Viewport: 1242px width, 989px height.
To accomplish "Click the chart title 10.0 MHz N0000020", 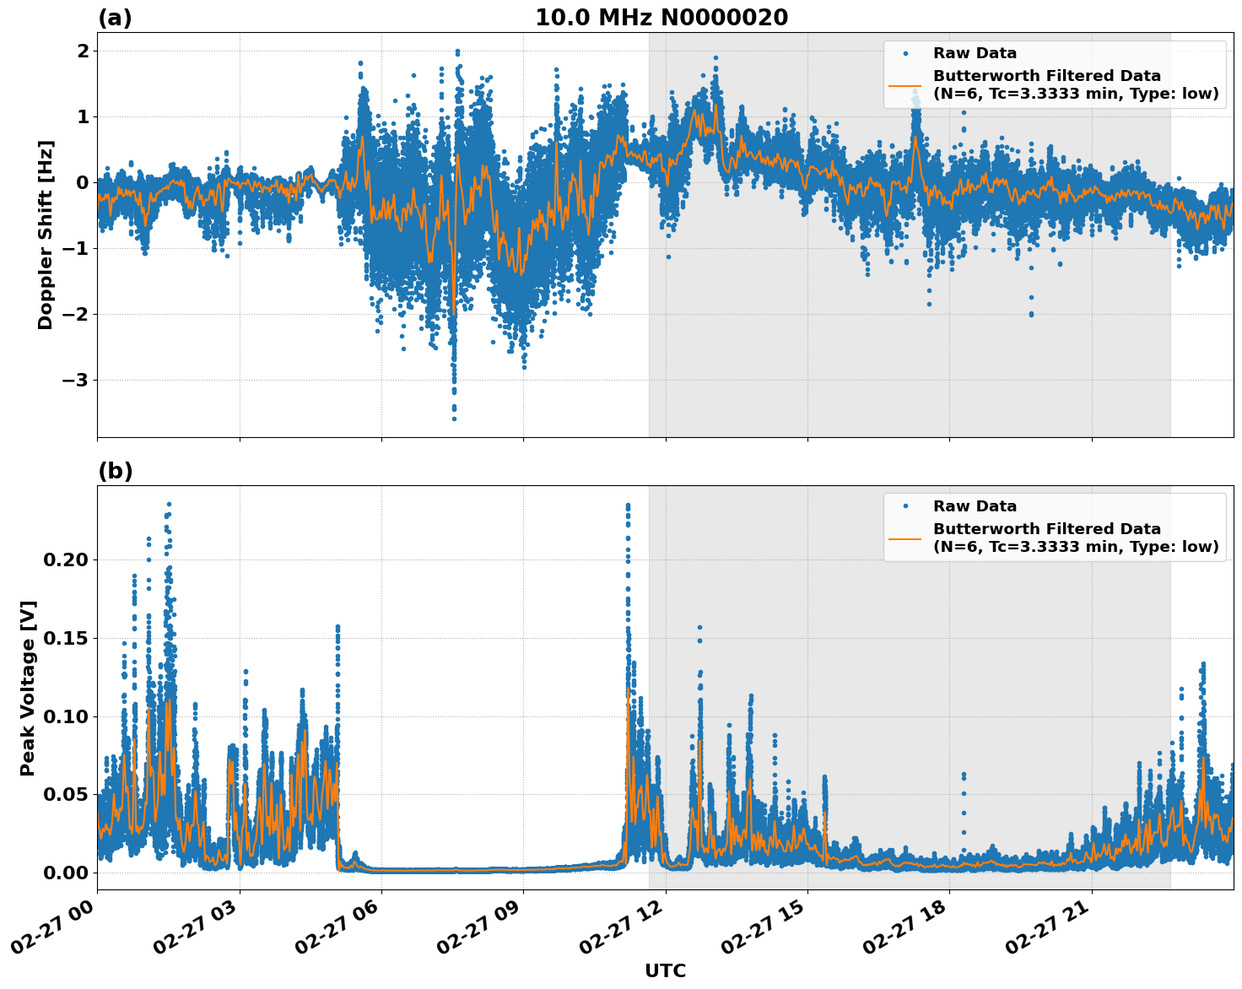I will pos(661,18).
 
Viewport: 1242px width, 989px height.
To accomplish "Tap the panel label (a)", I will pos(115,18).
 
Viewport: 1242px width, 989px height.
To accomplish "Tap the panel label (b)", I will pos(115,471).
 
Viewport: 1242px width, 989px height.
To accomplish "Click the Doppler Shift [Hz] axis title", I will pos(46,235).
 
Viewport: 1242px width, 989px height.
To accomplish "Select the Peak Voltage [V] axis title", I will pos(28,688).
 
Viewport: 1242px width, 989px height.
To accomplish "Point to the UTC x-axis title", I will pos(665,970).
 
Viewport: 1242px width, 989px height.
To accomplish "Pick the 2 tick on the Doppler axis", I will pos(83,51).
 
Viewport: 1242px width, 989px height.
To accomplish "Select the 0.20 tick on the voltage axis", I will pos(67,559).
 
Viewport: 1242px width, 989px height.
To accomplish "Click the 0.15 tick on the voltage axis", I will pos(67,638).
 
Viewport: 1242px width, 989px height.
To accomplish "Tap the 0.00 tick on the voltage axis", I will pos(67,873).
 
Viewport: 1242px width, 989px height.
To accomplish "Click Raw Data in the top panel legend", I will pos(975,53).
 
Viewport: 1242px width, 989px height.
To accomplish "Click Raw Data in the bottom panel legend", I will pos(975,506).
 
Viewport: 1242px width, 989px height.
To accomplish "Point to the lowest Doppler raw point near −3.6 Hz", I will pos(454,419).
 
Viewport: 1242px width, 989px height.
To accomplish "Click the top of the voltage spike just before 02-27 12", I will pos(627,505).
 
